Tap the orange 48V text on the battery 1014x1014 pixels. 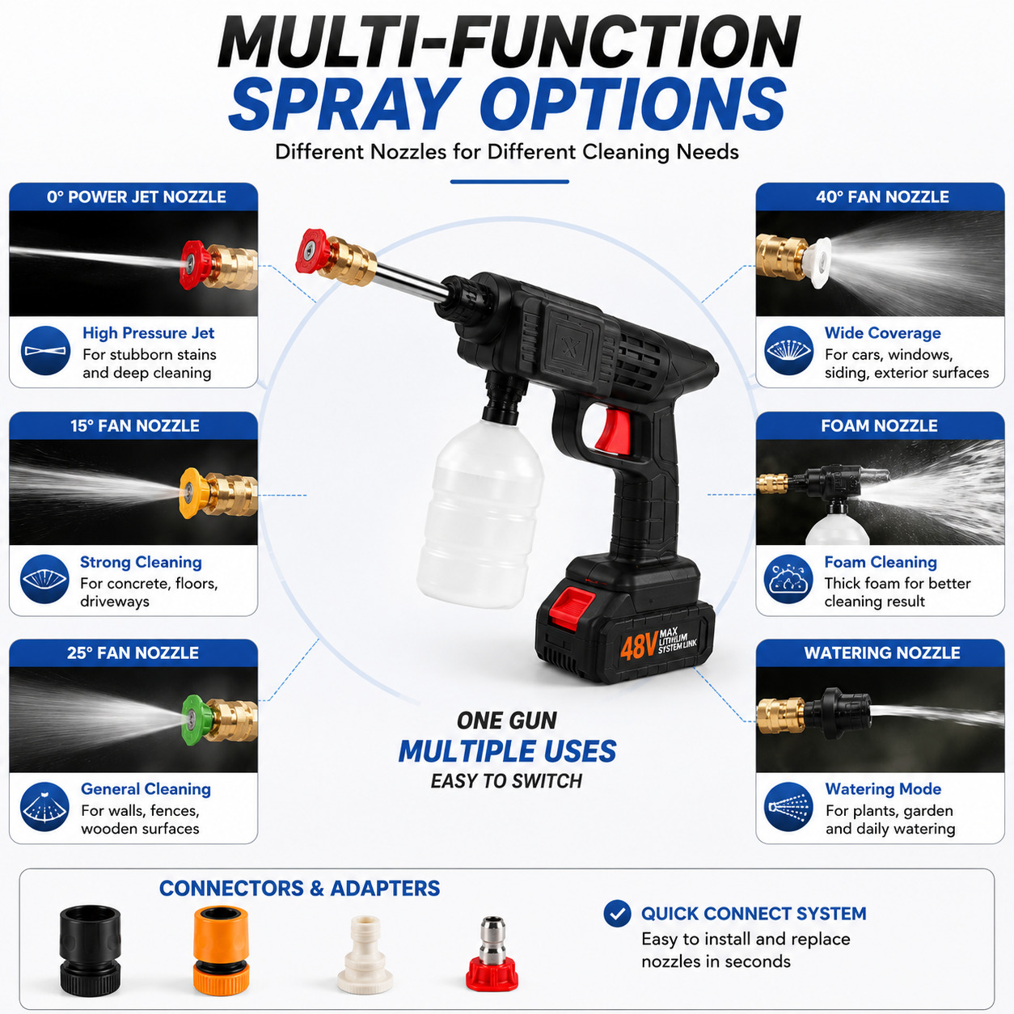tap(638, 647)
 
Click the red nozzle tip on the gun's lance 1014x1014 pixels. tap(313, 252)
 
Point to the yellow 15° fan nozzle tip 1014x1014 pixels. tap(193, 493)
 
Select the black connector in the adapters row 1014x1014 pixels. tap(90, 950)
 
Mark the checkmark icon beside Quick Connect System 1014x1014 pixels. tap(617, 913)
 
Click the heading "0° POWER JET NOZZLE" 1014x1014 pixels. tap(137, 196)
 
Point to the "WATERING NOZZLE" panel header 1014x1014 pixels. tap(882, 653)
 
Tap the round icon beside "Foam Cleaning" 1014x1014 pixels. tap(788, 579)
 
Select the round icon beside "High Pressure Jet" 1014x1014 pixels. tap(46, 350)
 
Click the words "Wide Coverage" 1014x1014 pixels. tap(882, 332)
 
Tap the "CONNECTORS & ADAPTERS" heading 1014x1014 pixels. tap(299, 889)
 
